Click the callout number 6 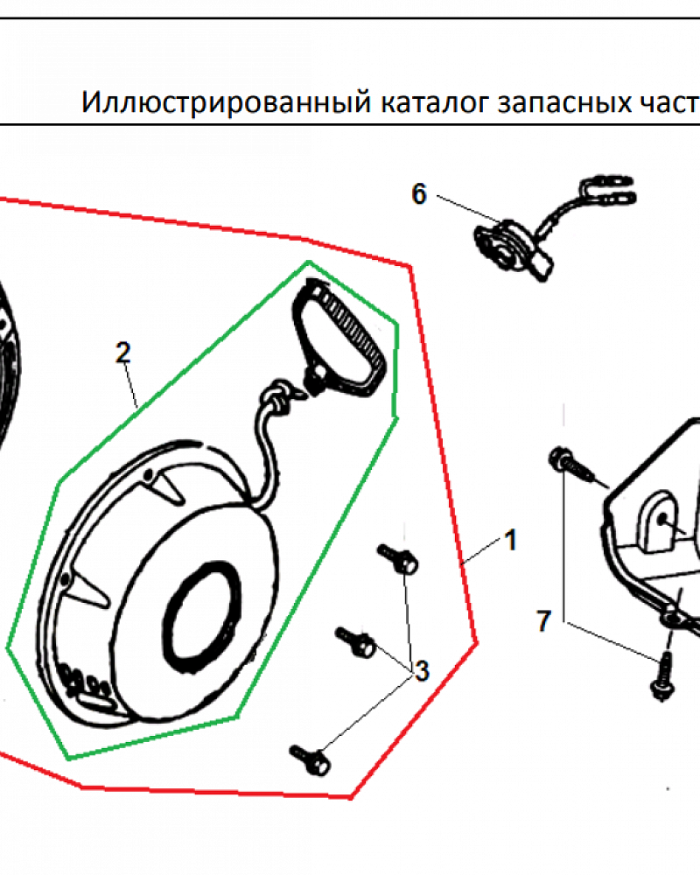point(419,194)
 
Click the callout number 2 point(122,353)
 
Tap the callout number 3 point(421,671)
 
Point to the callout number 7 point(543,622)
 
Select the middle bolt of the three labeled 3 point(357,643)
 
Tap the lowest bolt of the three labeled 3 point(311,758)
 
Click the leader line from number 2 point(130,386)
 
